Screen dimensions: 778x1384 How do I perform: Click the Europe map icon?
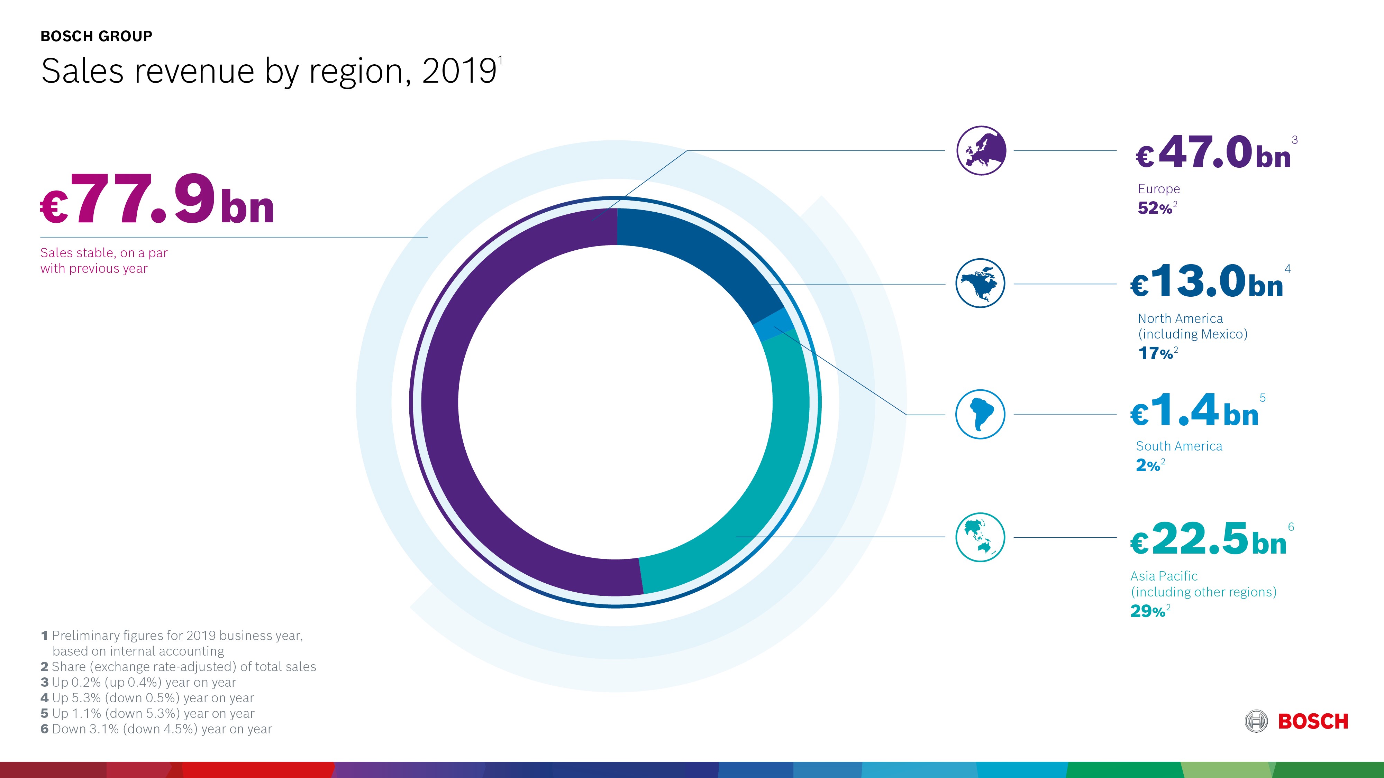click(981, 150)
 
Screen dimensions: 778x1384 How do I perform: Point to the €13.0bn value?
click(1207, 281)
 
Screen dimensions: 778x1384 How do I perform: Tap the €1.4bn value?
click(1194, 411)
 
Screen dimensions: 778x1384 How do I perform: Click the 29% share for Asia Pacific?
click(1148, 611)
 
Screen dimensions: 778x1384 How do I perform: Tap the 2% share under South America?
click(1148, 465)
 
